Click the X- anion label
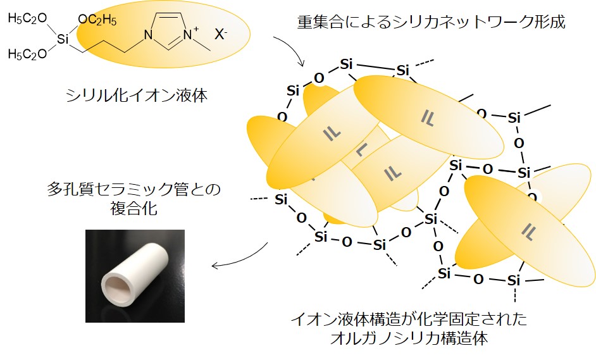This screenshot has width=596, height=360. (221, 35)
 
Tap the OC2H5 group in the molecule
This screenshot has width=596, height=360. (97, 20)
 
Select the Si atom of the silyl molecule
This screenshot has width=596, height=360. (62, 39)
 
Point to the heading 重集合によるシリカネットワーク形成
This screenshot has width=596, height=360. (431, 23)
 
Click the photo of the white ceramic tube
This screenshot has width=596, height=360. (135, 276)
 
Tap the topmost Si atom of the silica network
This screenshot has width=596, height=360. (345, 64)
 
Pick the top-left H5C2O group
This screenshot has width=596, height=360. (27, 19)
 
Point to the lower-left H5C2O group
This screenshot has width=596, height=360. (27, 54)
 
